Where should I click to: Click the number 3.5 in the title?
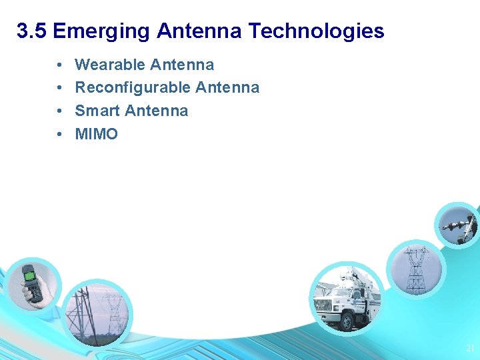click(32, 31)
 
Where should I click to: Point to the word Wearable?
click(110, 65)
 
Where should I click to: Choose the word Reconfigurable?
click(133, 87)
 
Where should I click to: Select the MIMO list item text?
click(96, 134)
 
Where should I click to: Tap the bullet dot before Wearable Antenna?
click(59, 65)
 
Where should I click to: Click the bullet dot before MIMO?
click(59, 135)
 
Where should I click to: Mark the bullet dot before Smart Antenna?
click(59, 111)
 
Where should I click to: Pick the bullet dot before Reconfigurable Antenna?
click(59, 88)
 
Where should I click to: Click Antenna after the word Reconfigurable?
click(227, 87)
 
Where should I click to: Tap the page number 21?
click(469, 348)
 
